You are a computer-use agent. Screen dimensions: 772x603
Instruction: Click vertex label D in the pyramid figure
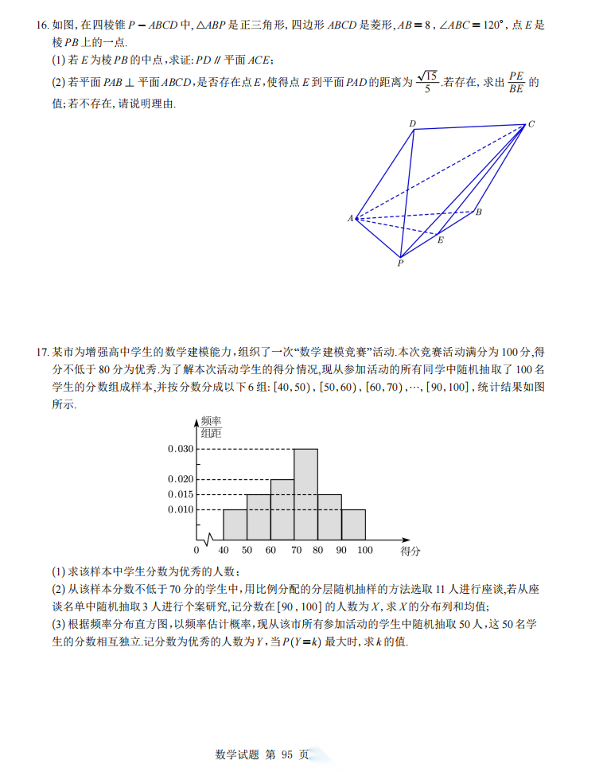coord(413,123)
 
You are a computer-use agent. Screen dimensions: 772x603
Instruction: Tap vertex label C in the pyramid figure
coord(531,123)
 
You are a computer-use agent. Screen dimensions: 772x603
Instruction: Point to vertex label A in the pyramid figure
coord(350,218)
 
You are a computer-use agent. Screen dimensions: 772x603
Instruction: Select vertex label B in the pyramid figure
coord(478,212)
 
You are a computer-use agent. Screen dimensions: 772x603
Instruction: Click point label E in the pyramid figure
coord(440,240)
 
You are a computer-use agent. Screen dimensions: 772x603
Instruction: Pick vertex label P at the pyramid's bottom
coord(400,263)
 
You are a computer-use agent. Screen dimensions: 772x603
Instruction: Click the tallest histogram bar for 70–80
coord(306,494)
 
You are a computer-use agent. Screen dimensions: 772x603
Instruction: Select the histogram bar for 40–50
coord(235,524)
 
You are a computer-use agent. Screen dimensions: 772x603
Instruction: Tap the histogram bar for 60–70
coord(282,509)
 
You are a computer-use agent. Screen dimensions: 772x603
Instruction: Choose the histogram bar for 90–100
coord(354,524)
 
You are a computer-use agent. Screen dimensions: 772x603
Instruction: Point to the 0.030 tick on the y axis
coord(181,449)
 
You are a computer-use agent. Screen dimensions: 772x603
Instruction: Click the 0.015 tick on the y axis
coord(181,494)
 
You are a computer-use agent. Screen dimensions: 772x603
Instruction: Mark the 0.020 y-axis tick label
coord(181,479)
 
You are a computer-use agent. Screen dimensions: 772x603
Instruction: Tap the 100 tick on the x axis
coord(365,550)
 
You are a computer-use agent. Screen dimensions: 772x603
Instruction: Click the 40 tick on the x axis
coord(223,550)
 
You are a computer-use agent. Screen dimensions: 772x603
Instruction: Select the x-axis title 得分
coord(410,550)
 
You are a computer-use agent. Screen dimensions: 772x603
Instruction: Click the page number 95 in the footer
coord(287,754)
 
